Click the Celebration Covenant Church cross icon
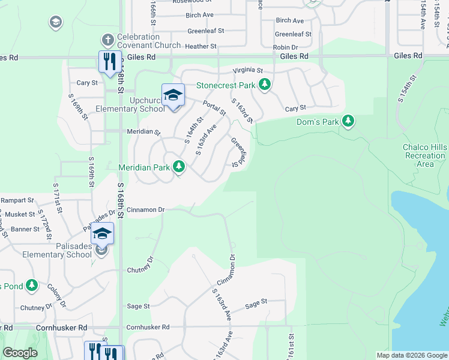tap(107, 41)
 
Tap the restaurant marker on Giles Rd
tap(109, 62)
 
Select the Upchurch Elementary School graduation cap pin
tap(173, 96)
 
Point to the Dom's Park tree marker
tap(348, 121)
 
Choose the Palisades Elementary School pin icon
tap(102, 233)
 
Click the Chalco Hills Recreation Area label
tap(425, 155)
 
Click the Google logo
tap(20, 353)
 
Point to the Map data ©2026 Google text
tap(411, 355)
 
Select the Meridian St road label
tap(143, 131)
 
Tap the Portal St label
tap(214, 108)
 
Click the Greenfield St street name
tap(239, 152)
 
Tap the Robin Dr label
tap(286, 47)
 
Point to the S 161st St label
tap(291, 347)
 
